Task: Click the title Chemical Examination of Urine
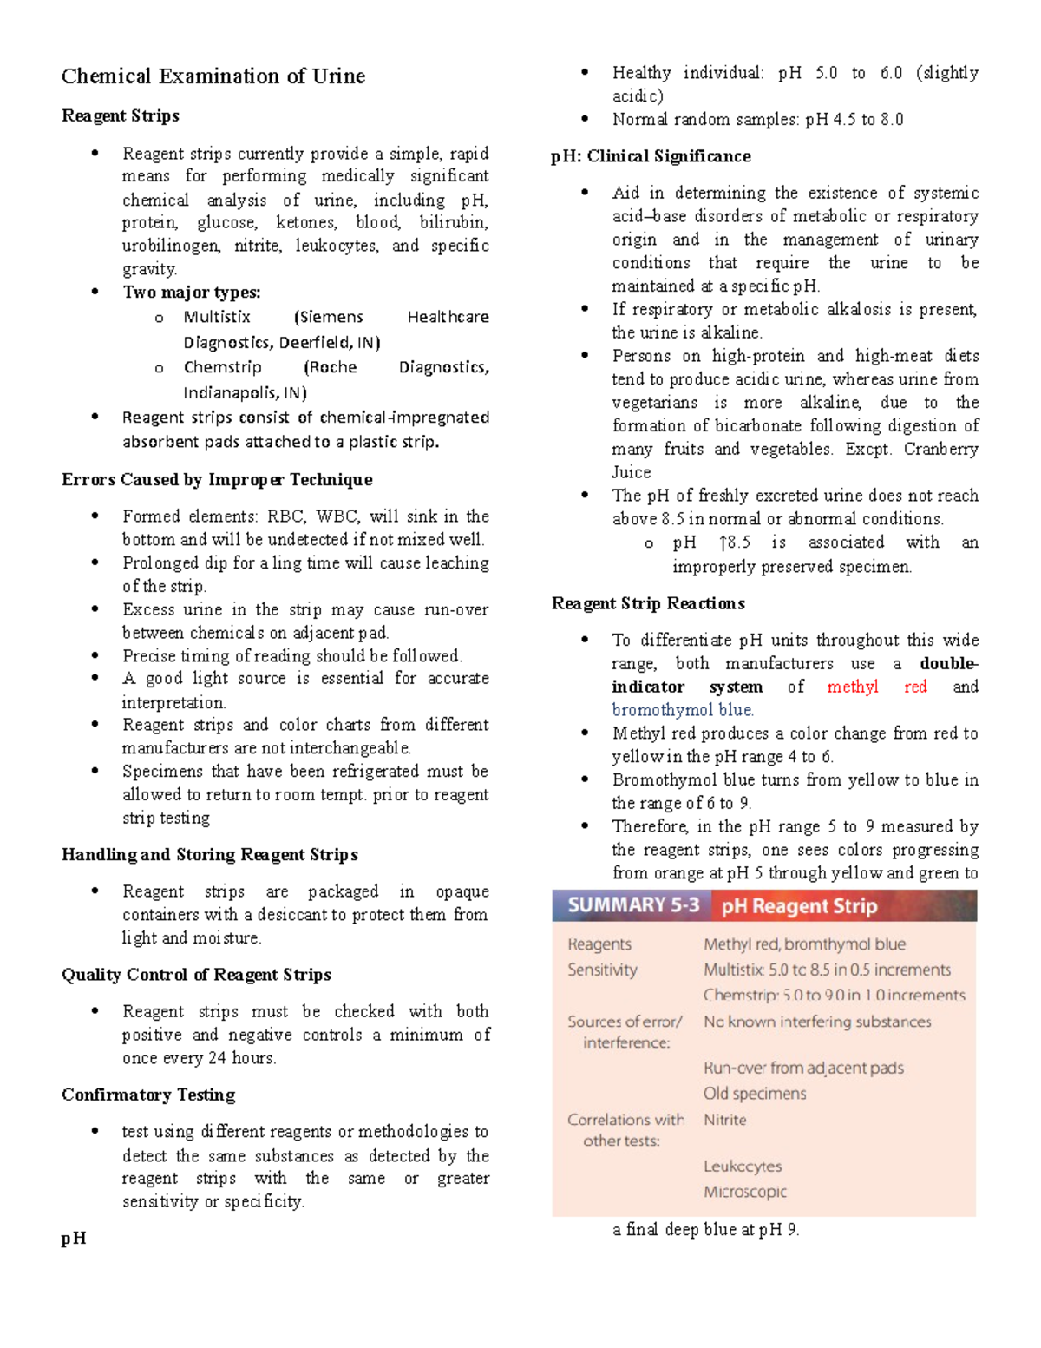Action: coord(213,76)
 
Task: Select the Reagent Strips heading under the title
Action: coord(121,115)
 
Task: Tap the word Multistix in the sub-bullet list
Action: coord(217,317)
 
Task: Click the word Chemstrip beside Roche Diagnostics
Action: coord(222,367)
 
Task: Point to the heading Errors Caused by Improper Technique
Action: coord(217,479)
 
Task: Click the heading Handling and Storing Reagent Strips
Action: coord(210,854)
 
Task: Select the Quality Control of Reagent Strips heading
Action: coord(196,974)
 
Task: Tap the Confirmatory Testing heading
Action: coord(148,1094)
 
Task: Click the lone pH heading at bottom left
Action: coord(74,1238)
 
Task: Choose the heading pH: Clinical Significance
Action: coord(651,156)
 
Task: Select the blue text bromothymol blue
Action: coord(682,710)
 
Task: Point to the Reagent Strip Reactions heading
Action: coord(648,603)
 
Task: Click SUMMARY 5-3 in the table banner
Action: coord(632,905)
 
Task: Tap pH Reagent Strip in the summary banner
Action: coord(799,906)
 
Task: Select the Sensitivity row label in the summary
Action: coord(602,970)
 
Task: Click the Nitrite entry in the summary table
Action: coord(724,1120)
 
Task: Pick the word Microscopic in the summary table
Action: coord(744,1192)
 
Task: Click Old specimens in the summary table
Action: coord(754,1094)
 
